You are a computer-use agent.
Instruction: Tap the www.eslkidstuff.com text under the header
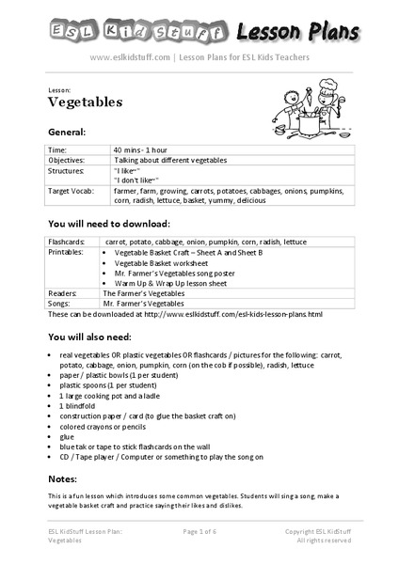tap(129, 57)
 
